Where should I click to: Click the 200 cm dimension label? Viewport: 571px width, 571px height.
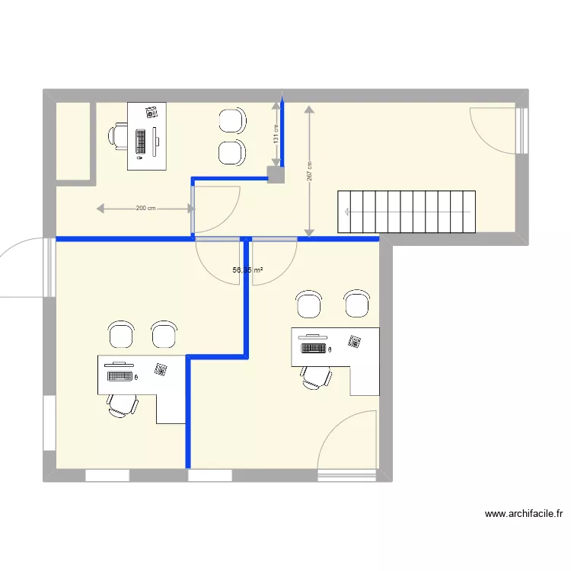pos(145,208)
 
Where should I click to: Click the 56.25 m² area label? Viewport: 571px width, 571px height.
pos(248,270)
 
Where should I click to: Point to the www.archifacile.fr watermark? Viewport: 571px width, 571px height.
pos(524,514)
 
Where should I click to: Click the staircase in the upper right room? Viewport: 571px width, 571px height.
pos(407,212)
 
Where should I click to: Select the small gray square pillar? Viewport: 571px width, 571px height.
pos(276,174)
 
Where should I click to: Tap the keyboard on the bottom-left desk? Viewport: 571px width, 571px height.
pos(118,376)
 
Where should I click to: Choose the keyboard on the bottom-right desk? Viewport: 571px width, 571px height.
pos(313,348)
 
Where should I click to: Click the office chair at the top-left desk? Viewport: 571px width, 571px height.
pos(119,136)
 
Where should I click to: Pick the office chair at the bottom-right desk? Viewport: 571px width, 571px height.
pos(314,377)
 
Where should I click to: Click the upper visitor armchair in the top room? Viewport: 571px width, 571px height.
pos(232,121)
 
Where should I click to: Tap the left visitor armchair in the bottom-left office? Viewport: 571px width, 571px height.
pos(122,334)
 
